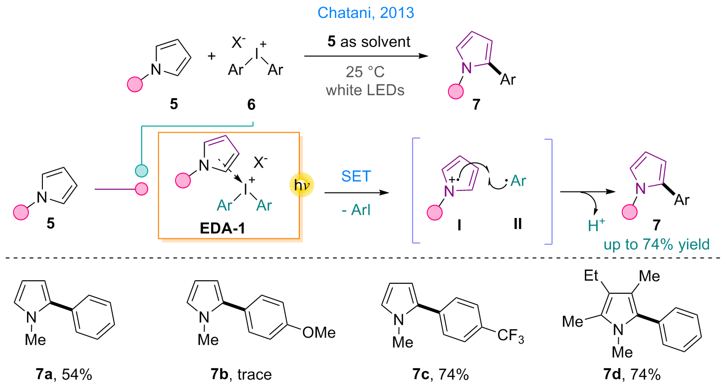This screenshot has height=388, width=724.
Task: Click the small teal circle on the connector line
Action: pos(142,171)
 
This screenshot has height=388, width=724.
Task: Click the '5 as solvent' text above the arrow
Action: pos(369,42)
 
